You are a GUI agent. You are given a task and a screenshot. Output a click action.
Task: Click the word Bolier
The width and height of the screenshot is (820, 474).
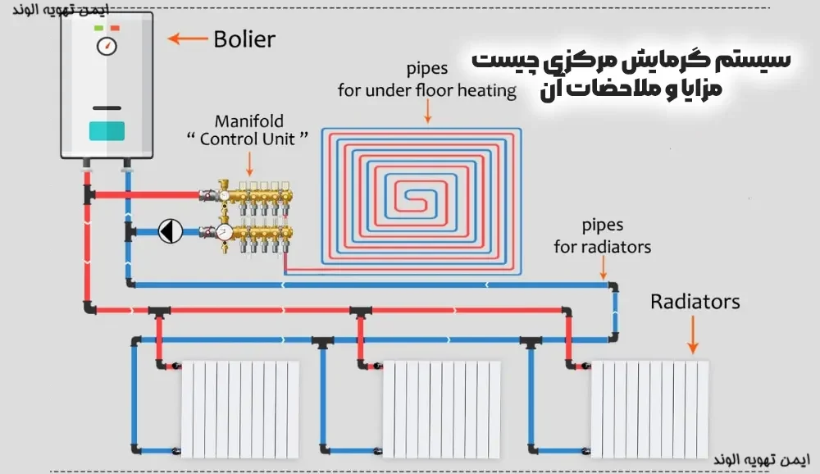[244, 39]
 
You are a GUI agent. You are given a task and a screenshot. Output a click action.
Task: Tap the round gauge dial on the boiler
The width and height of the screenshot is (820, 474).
[107, 46]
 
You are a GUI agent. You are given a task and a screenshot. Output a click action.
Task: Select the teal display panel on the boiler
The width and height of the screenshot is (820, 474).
[107, 130]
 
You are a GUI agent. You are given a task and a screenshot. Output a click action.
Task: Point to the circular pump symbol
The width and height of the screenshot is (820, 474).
[171, 231]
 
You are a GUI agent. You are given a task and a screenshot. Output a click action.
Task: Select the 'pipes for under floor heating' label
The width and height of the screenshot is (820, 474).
[427, 80]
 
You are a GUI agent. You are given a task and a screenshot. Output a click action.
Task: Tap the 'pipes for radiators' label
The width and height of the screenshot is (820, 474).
[602, 235]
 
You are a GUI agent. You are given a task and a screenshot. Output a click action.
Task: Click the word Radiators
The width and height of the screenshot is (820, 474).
[695, 301]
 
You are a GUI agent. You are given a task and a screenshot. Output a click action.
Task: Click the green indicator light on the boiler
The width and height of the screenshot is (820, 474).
[98, 28]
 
